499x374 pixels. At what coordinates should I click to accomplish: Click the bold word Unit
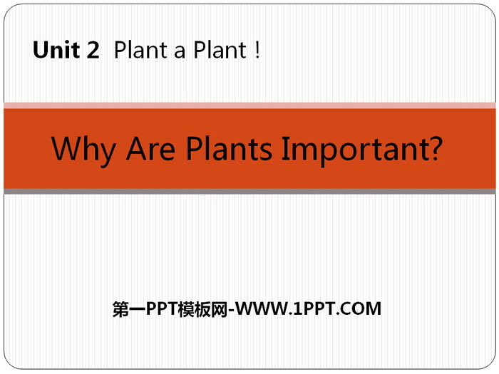point(56,50)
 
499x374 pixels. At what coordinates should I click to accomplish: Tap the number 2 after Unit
point(93,50)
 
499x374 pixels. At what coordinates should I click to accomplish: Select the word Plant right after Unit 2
point(140,50)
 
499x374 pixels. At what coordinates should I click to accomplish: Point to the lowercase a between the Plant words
point(180,52)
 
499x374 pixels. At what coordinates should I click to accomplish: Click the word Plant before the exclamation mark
point(220,50)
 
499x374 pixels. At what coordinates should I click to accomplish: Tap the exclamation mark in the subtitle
point(257,50)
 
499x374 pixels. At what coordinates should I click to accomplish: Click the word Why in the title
point(83,150)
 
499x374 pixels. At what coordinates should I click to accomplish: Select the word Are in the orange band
point(150,148)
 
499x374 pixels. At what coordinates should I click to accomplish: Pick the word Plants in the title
point(229,148)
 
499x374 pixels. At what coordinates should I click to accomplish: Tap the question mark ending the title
point(433,148)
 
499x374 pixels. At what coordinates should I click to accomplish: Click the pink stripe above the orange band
point(249,105)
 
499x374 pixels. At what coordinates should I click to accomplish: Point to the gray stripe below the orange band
point(249,191)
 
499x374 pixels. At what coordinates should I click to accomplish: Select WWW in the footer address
point(262,308)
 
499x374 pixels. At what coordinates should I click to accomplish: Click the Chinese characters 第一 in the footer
point(129,308)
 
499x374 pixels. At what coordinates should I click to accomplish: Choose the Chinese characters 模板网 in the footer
point(202,308)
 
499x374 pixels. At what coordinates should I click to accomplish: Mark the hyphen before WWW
point(232,310)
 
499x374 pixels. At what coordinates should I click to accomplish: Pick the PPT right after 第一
point(162,308)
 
